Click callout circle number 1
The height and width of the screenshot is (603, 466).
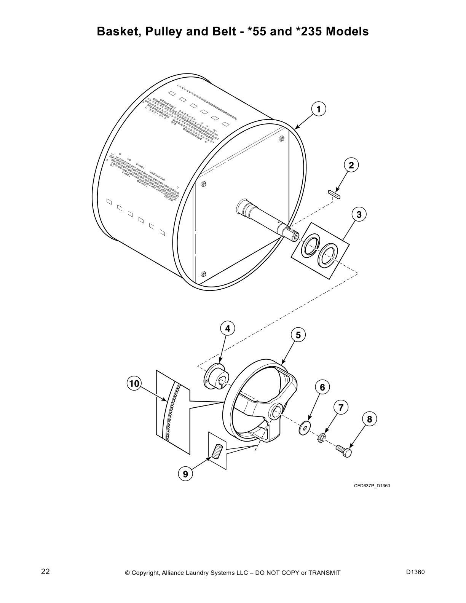tap(319, 109)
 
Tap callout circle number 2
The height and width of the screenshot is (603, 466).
tap(351, 165)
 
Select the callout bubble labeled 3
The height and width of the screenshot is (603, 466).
tap(359, 215)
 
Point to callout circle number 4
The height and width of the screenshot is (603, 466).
tap(227, 329)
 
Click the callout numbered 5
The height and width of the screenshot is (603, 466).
tap(298, 335)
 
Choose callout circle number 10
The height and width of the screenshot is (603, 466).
tap(134, 383)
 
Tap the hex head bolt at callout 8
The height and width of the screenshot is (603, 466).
tap(344, 451)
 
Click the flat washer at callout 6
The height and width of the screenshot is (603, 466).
tap(305, 428)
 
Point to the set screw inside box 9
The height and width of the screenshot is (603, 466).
tap(217, 451)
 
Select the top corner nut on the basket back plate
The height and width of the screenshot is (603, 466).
tap(282, 138)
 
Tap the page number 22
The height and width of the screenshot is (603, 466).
tap(45, 572)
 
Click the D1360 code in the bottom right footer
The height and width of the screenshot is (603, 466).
tap(415, 572)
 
